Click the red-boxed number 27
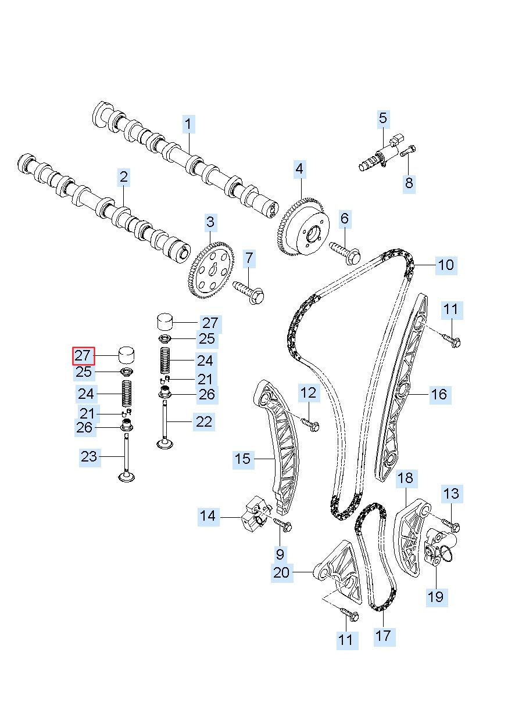tap(83, 356)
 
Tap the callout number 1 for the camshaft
tap(188, 124)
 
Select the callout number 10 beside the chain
tap(446, 265)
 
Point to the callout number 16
tap(439, 394)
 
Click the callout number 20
tap(282, 572)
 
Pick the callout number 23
tap(90, 457)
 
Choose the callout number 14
tap(208, 516)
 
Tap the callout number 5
tap(383, 118)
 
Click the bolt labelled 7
tap(249, 291)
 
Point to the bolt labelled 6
tap(345, 254)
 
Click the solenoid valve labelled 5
tap(382, 153)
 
